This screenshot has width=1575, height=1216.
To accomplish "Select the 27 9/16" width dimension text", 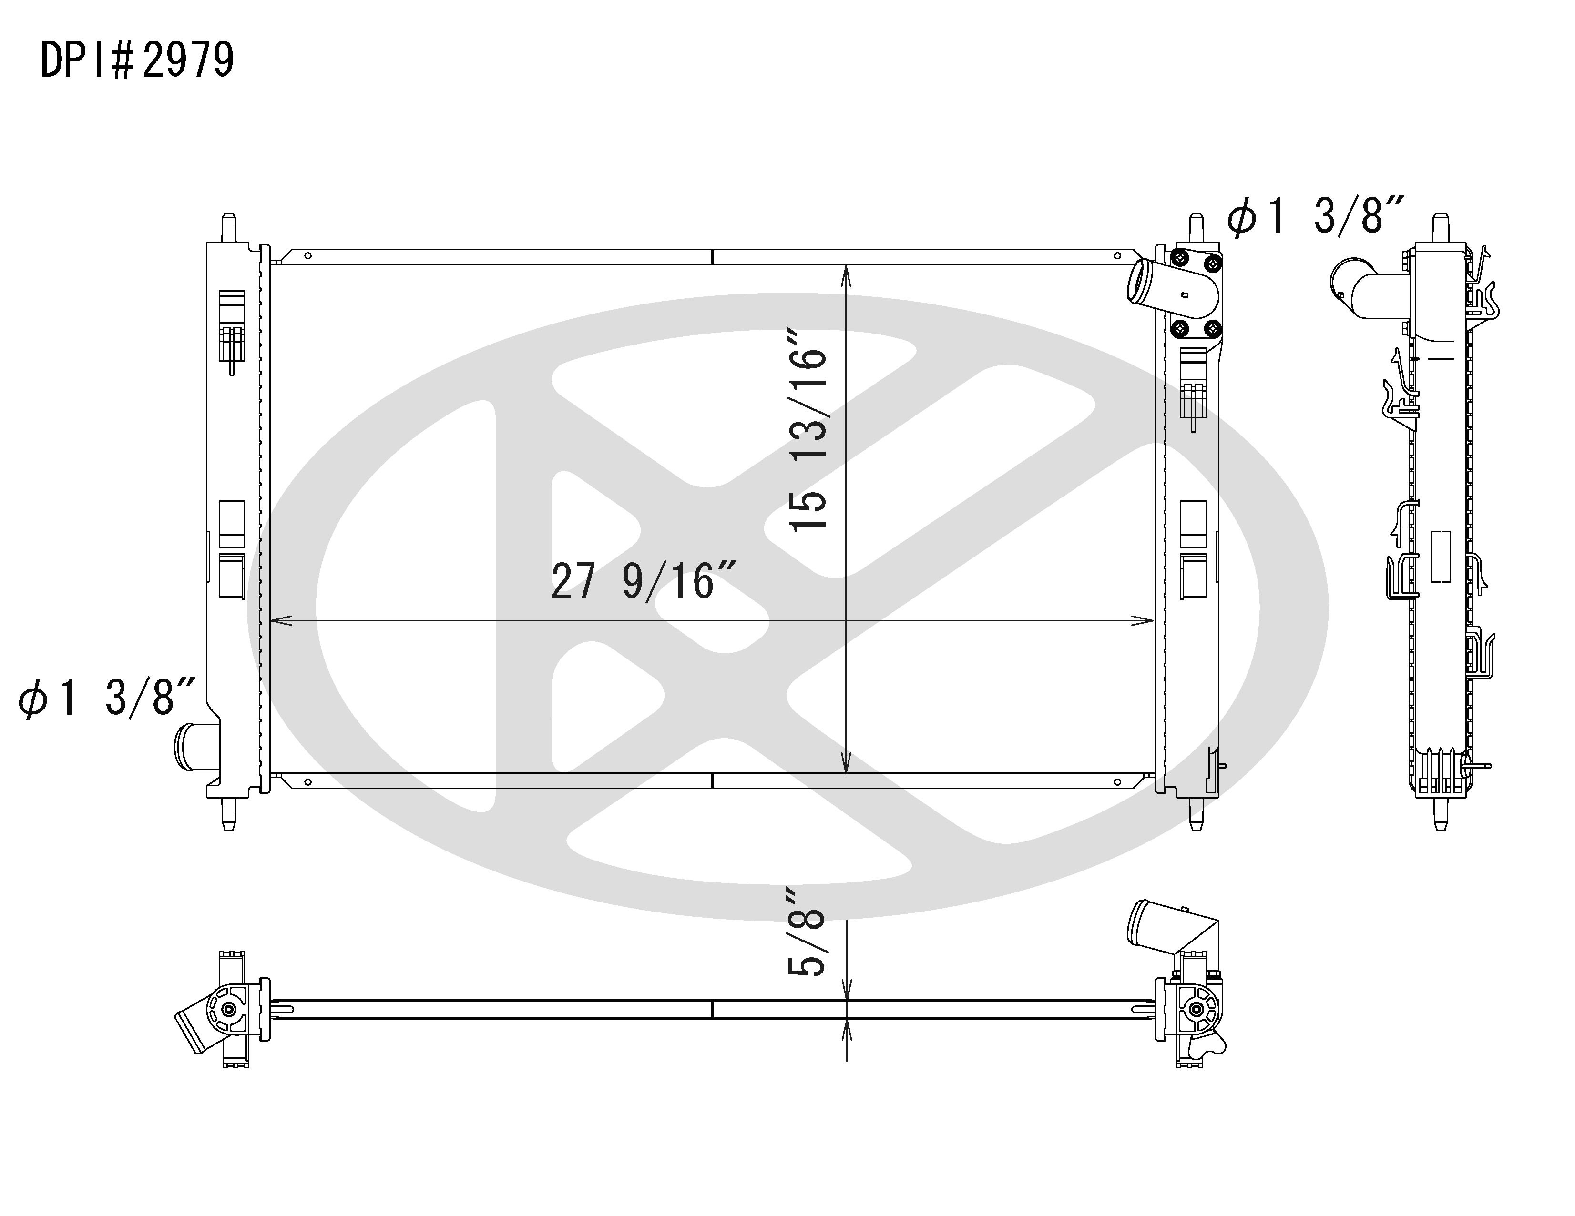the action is pos(644,582).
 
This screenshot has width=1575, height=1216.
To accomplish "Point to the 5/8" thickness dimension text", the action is pos(806,935).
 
